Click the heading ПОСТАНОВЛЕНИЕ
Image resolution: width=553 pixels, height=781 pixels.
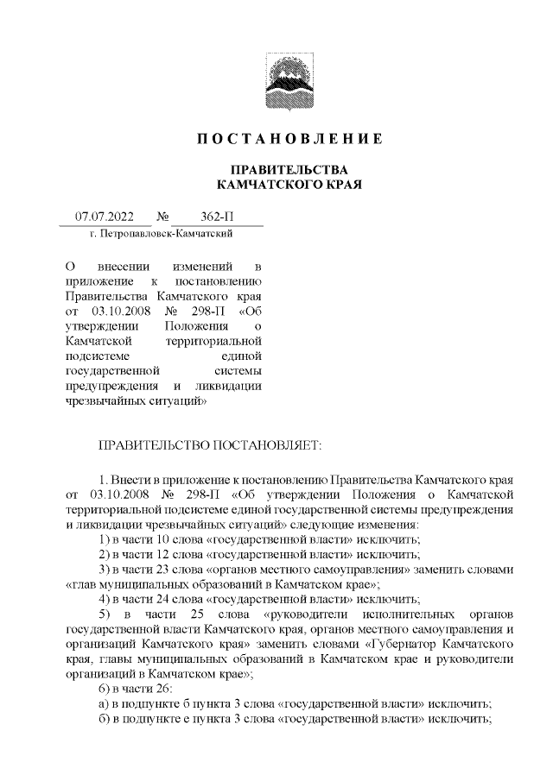point(289,139)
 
